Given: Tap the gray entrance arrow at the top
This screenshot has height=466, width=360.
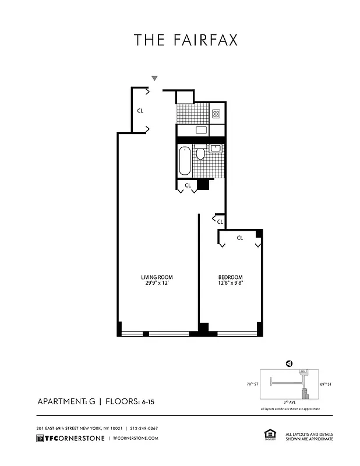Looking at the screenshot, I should point(154,78).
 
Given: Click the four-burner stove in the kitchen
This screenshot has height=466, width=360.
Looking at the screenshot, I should point(216,114).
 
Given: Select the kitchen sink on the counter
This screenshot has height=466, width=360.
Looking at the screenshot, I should point(202,130).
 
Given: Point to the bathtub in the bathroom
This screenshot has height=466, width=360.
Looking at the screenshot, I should point(185,160).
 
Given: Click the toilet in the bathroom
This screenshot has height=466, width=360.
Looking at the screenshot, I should point(200,153).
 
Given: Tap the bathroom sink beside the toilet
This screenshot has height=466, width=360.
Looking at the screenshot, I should point(216,148).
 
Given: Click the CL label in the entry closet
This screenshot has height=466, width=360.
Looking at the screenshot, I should point(140,110).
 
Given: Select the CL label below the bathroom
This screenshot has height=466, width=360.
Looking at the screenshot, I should point(188,186).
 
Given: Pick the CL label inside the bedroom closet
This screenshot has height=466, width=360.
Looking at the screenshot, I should point(239,238).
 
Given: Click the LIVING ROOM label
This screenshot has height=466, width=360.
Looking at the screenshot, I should point(157,277).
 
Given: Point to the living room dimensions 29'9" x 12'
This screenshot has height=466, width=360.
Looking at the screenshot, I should point(157,284).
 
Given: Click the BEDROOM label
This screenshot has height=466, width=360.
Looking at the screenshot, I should point(230,277).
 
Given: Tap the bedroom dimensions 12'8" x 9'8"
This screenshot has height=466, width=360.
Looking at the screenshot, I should point(230,284).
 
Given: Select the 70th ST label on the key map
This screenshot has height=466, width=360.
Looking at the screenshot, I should point(252,384).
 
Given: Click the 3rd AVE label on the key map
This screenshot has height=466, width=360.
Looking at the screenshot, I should point(289,402).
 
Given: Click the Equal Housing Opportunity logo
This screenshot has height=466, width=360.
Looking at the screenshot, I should point(269,435).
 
